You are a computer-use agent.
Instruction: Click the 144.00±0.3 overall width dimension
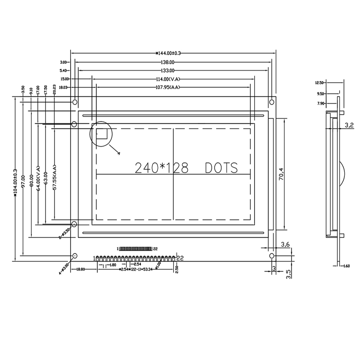(168, 53)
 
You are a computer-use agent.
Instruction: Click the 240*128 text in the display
(162, 168)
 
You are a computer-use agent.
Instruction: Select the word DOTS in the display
(221, 168)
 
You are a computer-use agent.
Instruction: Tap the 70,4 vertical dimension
(281, 175)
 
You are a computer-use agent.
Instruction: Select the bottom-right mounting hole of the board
(272, 256)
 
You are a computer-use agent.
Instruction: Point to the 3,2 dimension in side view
(350, 125)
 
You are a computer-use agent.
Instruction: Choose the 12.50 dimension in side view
(319, 82)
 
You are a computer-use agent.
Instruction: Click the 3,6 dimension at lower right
(285, 244)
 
